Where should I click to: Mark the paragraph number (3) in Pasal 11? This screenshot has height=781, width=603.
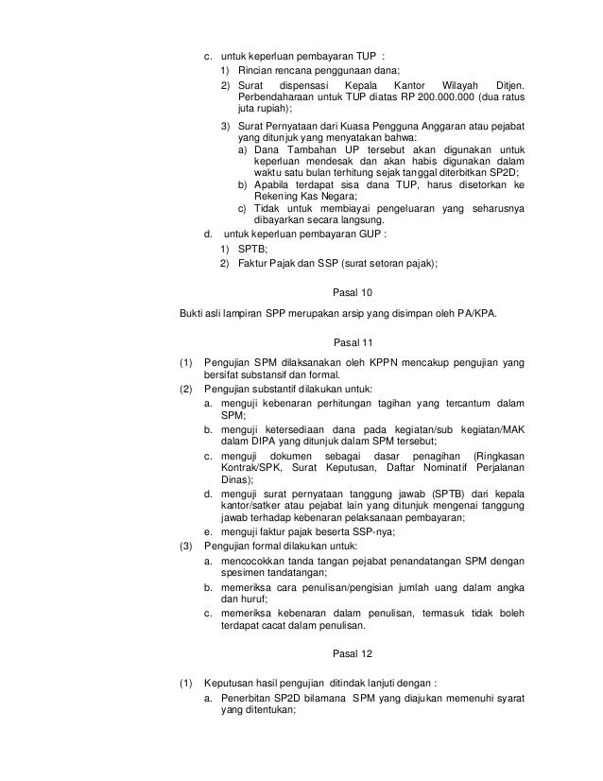coord(186,546)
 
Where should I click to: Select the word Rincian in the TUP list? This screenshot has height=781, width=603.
coord(256,71)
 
